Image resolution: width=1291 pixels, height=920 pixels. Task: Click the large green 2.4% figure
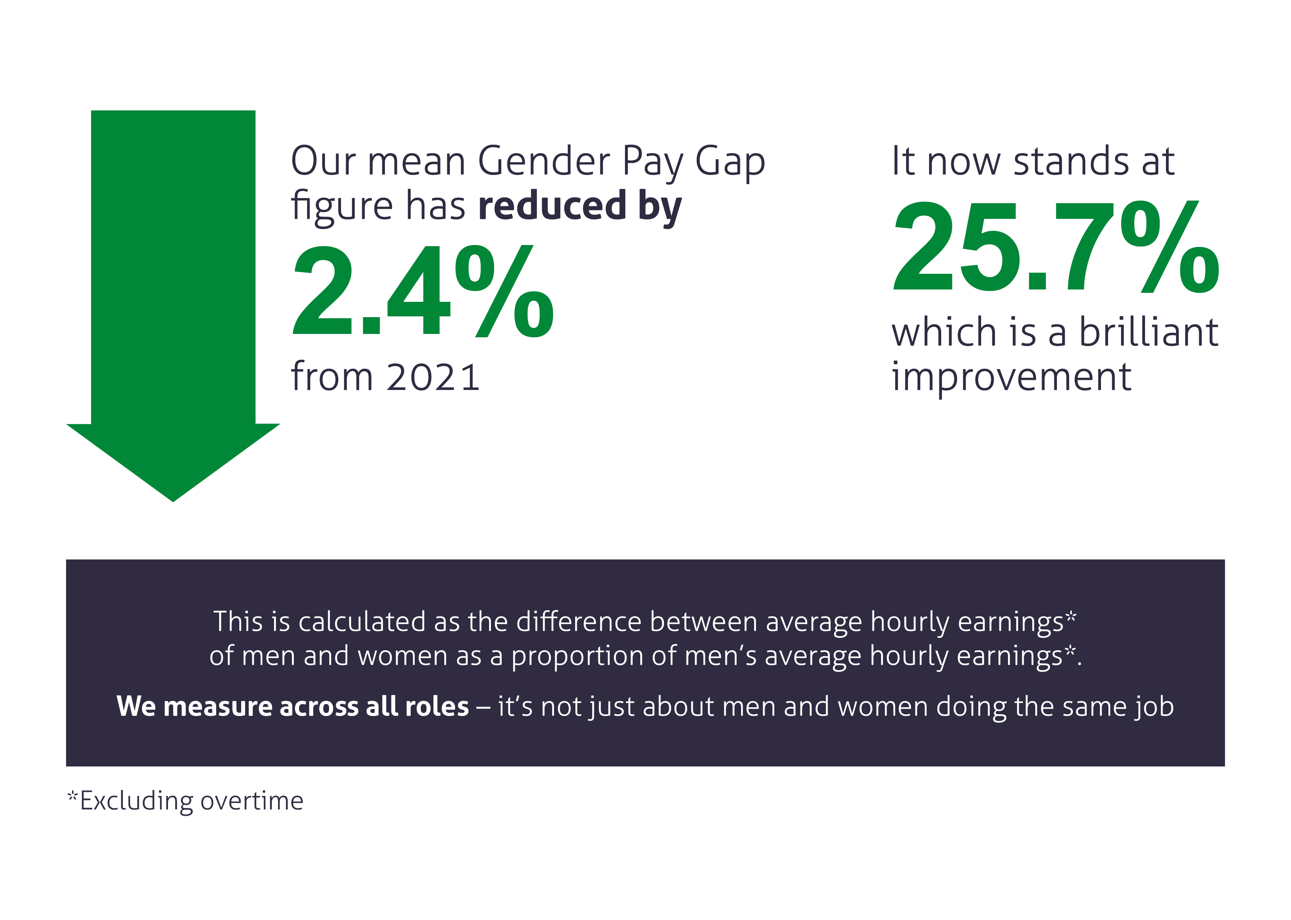coord(422,291)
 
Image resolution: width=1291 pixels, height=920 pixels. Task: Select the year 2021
coord(434,377)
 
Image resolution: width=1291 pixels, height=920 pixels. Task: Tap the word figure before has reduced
coord(342,207)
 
